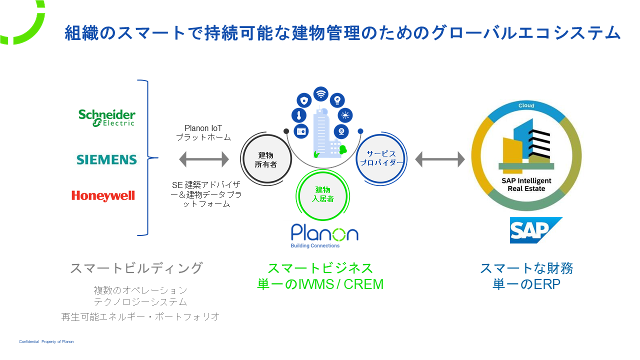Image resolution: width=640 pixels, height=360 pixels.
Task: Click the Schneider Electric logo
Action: pos(106,117)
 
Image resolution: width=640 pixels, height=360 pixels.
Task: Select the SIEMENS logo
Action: pos(106,159)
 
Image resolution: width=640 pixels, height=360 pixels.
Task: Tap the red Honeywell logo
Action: pos(103,195)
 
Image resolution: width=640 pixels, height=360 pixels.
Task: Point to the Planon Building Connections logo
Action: pos(324,235)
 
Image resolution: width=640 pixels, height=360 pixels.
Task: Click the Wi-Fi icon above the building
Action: pos(320,93)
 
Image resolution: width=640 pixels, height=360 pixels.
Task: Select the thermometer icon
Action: pos(298,115)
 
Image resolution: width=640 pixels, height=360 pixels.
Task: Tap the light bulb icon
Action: pos(337,99)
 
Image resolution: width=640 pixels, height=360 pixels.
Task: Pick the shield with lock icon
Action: pos(304,99)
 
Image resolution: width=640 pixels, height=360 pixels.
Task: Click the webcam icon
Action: pos(341,131)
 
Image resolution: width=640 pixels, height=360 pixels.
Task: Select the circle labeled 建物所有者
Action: pos(267,159)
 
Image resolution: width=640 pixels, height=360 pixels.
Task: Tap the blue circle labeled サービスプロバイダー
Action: pos(381,159)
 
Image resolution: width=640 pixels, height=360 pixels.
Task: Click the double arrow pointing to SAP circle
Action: pos(440,159)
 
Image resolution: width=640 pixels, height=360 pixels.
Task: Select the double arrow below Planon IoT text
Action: pos(204,159)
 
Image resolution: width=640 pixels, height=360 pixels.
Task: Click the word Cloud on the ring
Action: pos(526,105)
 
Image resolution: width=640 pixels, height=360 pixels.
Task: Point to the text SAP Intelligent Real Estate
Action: pos(526,184)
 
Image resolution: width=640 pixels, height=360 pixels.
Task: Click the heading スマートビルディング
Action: pos(136,268)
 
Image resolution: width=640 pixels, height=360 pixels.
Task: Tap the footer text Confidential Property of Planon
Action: pos(46,341)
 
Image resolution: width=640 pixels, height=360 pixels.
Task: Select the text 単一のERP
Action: pos(526,284)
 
